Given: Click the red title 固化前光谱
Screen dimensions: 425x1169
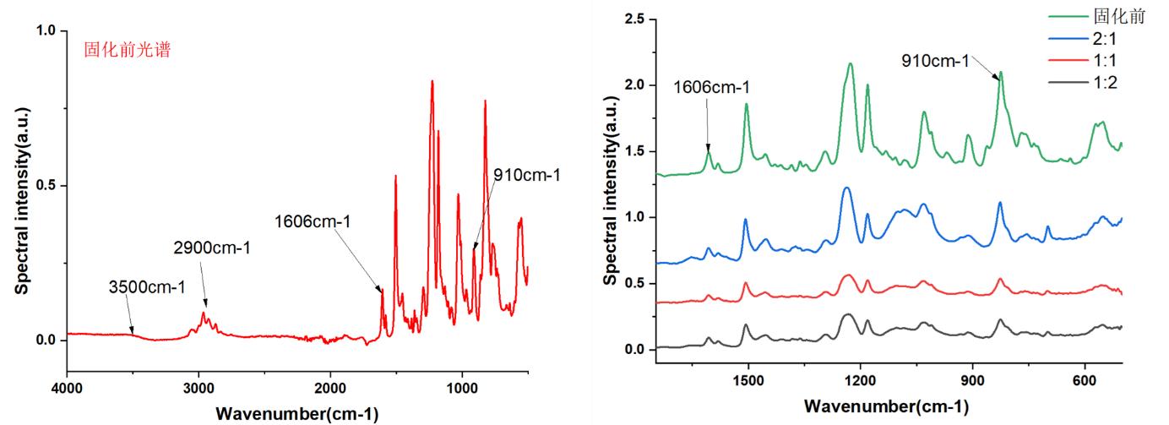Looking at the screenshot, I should click(128, 51).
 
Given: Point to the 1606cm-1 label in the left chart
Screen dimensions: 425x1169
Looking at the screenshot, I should click(313, 222).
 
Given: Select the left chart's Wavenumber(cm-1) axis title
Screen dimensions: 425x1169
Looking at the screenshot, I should click(297, 413).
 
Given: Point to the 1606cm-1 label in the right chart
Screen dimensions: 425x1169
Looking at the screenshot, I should click(712, 87).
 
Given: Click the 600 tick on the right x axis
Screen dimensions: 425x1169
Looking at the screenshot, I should click(1085, 382).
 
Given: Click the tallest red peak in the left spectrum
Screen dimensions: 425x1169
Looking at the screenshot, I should click(432, 82).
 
